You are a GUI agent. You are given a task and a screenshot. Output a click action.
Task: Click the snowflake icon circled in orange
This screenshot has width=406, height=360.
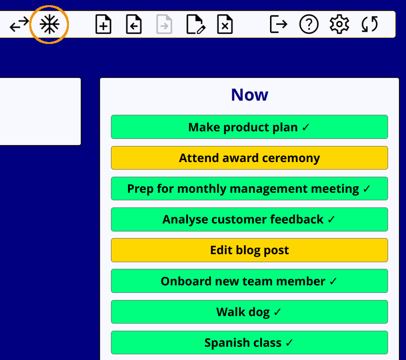pyautogui.click(x=50, y=25)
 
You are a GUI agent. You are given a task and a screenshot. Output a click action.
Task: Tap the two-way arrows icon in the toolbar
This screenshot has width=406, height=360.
pyautogui.click(x=19, y=24)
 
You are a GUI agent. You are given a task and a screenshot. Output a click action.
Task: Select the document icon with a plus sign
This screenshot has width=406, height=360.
pyautogui.click(x=103, y=25)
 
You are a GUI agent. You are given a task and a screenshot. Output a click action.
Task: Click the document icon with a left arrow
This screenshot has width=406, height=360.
pyautogui.click(x=134, y=25)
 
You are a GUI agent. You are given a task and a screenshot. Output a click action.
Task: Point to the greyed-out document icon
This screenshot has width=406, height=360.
pyautogui.click(x=164, y=25)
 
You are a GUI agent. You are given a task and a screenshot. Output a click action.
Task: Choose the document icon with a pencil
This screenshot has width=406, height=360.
pyautogui.click(x=196, y=25)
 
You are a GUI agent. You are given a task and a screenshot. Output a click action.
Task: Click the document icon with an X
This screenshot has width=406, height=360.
pyautogui.click(x=225, y=25)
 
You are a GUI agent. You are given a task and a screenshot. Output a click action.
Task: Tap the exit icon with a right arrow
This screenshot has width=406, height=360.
pyautogui.click(x=279, y=24)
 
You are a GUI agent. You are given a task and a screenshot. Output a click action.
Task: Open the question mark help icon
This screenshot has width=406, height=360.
pyautogui.click(x=309, y=25)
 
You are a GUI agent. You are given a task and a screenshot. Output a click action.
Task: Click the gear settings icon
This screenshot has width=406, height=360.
pyautogui.click(x=339, y=25)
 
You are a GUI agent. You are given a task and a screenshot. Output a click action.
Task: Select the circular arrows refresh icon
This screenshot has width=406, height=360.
pyautogui.click(x=370, y=24)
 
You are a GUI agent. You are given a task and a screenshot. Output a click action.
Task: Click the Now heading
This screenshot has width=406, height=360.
pyautogui.click(x=249, y=94)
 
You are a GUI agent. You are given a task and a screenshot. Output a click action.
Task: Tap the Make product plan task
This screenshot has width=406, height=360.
pyautogui.click(x=249, y=127)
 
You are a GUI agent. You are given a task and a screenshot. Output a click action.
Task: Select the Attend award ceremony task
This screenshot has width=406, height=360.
pyautogui.click(x=249, y=158)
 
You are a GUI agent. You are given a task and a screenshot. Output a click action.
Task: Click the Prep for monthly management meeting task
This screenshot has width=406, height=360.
pyautogui.click(x=249, y=189)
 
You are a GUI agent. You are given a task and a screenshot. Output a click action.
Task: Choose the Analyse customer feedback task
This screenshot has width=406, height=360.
pyautogui.click(x=249, y=219)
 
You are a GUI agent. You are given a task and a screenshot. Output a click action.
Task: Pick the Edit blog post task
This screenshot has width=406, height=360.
pyautogui.click(x=249, y=250)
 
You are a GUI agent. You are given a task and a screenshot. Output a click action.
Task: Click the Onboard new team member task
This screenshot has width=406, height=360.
pyautogui.click(x=249, y=281)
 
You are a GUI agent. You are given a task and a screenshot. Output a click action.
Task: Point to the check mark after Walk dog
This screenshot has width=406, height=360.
pyautogui.click(x=277, y=312)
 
